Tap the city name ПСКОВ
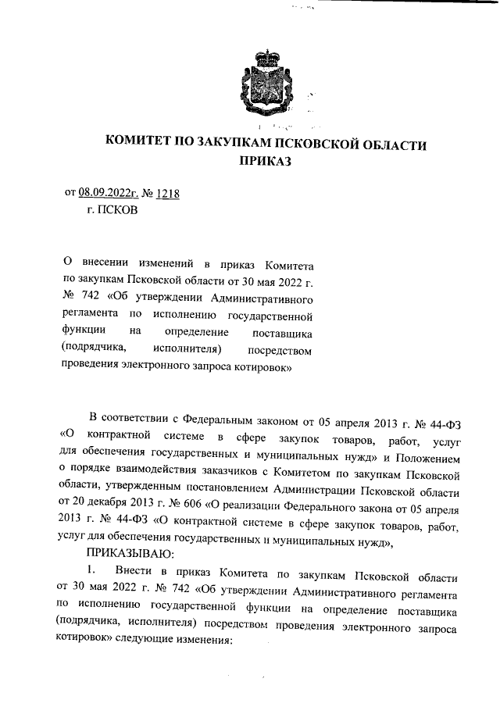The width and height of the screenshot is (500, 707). (x=116, y=211)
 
